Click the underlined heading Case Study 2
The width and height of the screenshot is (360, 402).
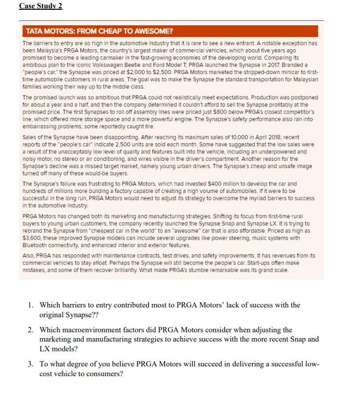coord(40,6)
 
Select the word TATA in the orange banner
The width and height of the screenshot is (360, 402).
coord(34,31)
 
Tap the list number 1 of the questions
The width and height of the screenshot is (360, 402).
coord(30,305)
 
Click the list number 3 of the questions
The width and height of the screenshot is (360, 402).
coord(30,364)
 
